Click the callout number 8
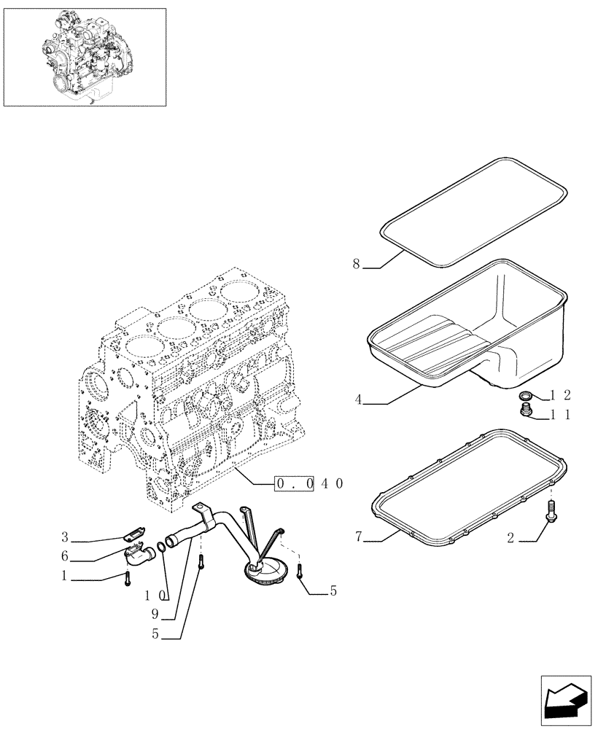[x=357, y=265]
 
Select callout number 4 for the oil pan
[x=358, y=399]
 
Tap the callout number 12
[x=559, y=396]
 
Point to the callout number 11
[x=559, y=415]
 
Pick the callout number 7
[x=358, y=537]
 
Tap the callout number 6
[x=65, y=556]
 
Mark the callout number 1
[x=65, y=575]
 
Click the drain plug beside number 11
[x=524, y=414]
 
